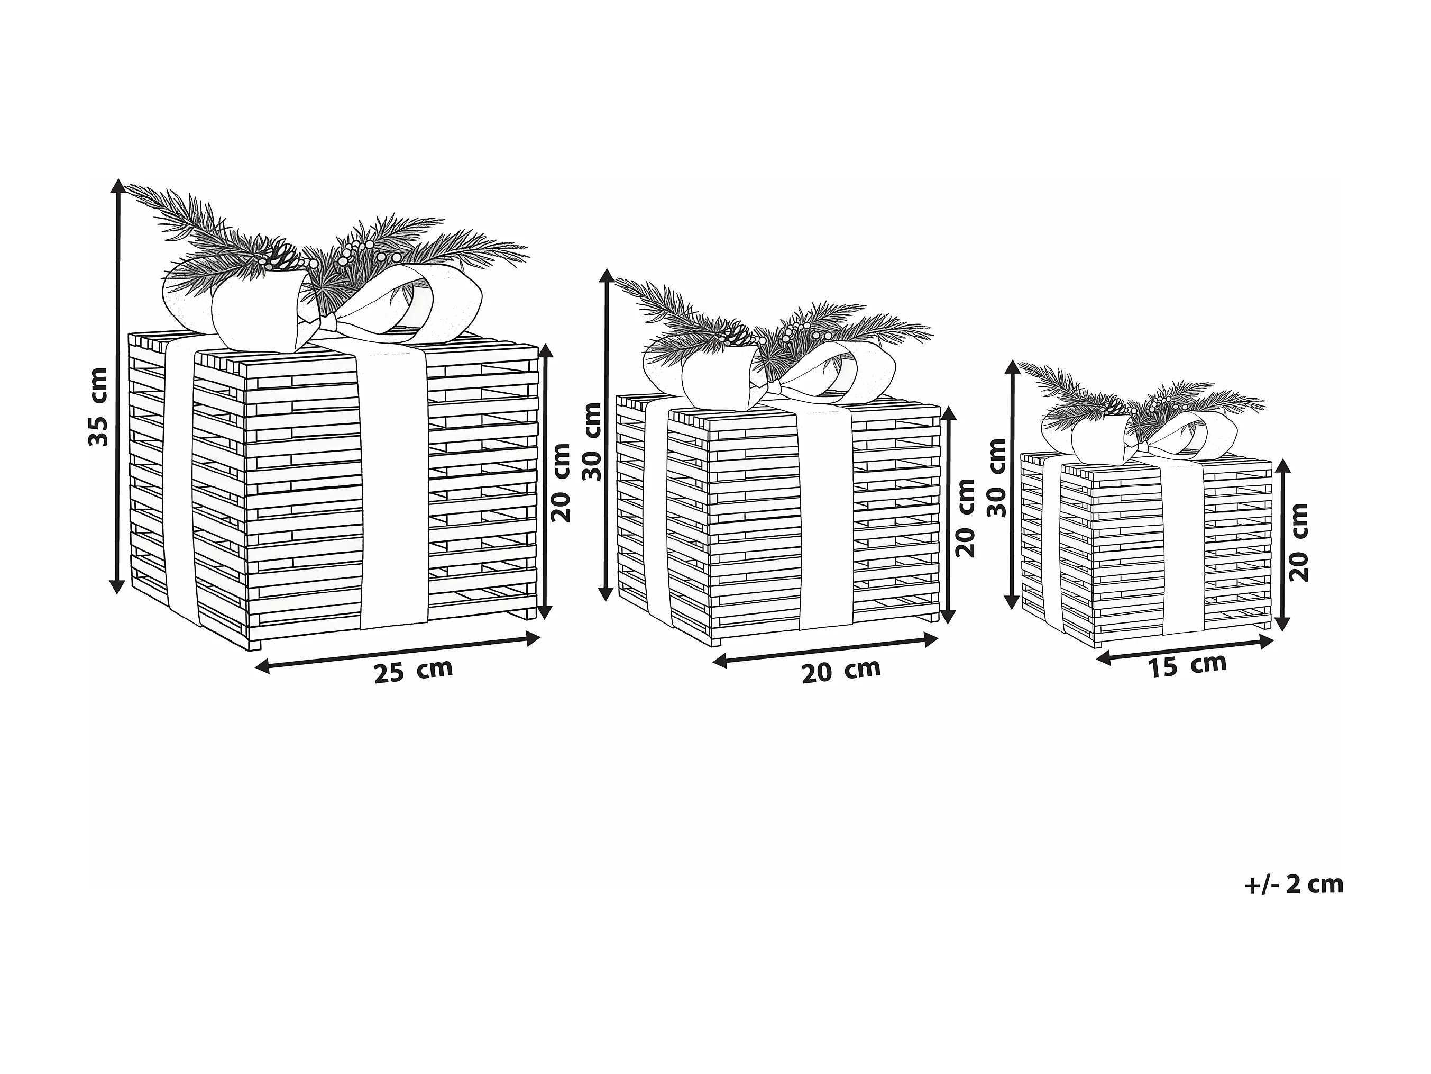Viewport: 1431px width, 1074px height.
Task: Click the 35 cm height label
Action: tap(98, 406)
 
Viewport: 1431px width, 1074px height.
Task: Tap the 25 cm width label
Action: tap(414, 671)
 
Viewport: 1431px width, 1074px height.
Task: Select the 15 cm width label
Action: tap(1188, 665)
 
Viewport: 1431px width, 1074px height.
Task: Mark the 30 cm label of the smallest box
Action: tap(997, 477)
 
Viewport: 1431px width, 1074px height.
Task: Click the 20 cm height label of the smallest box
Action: tap(1298, 542)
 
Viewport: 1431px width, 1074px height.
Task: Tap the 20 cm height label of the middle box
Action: tap(965, 518)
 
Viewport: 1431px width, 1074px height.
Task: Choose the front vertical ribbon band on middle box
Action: tap(825, 518)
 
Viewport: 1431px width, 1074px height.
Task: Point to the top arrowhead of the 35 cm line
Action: tap(117, 185)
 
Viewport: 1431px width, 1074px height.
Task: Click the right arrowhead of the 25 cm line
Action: tap(533, 639)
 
